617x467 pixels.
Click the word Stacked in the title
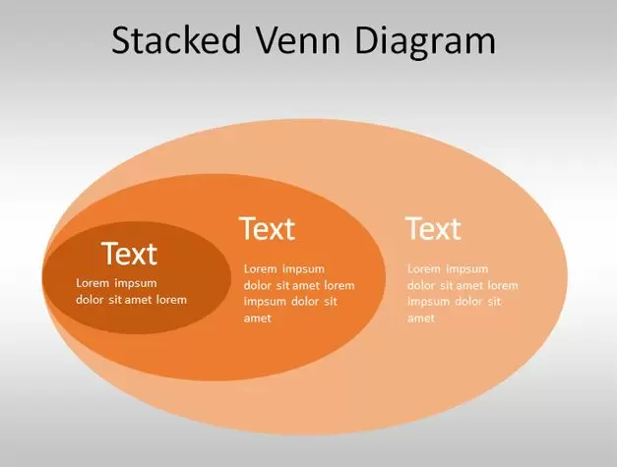176,40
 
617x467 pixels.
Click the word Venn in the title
298,40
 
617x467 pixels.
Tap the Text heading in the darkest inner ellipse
130,254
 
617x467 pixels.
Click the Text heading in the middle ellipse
268,228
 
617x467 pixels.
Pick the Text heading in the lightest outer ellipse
433,228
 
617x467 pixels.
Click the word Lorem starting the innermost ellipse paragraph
93,283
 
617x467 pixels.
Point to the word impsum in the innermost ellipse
136,284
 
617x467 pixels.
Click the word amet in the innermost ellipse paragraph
138,300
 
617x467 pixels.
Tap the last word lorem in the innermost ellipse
171,300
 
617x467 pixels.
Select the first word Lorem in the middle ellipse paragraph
260,268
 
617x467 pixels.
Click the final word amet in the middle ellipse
258,318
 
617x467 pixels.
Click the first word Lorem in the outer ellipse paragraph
424,268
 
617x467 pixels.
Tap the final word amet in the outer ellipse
421,318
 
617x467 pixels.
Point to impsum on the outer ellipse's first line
467,269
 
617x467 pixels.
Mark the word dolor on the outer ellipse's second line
422,285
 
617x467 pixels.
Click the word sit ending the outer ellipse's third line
495,302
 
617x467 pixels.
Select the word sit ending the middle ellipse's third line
331,302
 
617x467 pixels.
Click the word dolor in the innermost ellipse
92,300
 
